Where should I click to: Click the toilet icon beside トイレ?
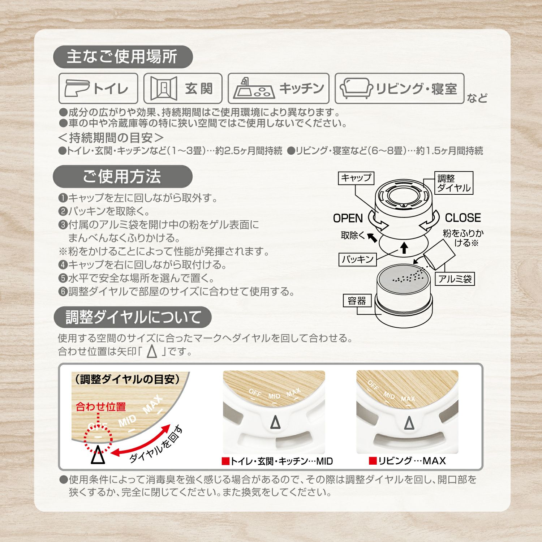tap(77, 89)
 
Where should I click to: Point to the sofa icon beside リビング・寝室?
tap(356, 89)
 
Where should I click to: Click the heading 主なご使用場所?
tap(122, 57)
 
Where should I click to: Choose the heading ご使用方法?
tap(122, 177)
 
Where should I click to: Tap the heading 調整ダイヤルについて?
tap(133, 317)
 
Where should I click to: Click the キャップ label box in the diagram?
tap(356, 178)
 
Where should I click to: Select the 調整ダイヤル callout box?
tap(453, 183)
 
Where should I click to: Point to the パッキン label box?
tap(358, 259)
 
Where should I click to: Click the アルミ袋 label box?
tap(455, 279)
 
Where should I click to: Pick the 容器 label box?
tap(357, 301)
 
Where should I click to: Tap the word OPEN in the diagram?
tap(348, 218)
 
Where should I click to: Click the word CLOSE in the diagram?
tap(463, 218)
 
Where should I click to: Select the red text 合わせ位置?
tap(101, 407)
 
